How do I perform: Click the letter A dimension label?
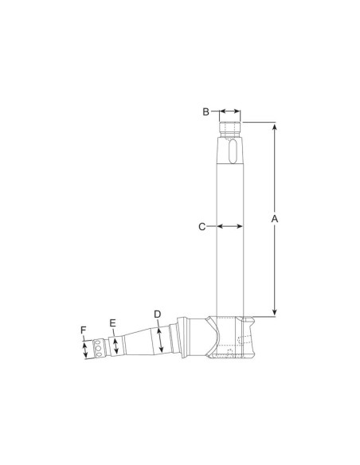[275, 219]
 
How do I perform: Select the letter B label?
[205, 111]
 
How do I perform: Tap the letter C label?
[202, 227]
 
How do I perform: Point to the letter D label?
[158, 315]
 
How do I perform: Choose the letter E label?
[112, 323]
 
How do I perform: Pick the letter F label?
[84, 330]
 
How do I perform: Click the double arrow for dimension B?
[230, 111]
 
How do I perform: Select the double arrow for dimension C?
[230, 227]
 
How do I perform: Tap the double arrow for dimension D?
[160, 340]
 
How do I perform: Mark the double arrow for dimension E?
[116, 346]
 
